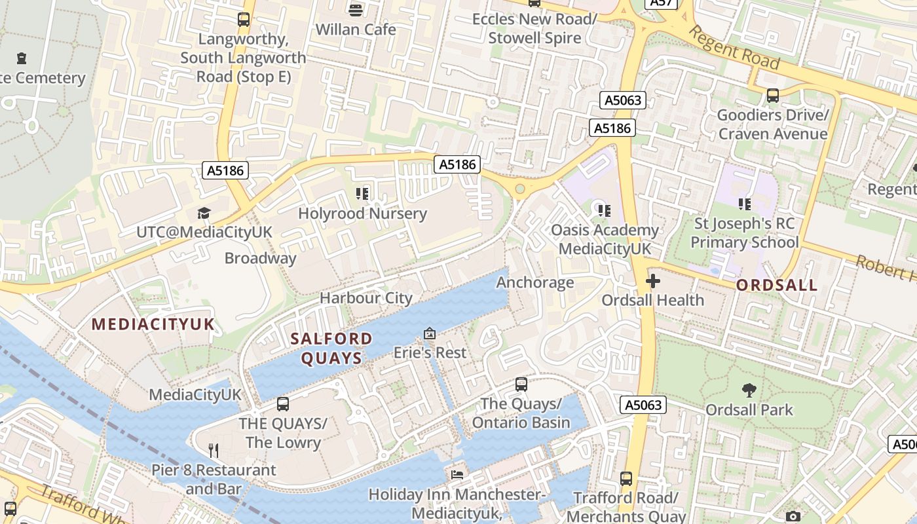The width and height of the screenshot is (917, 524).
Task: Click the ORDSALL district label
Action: coord(777,286)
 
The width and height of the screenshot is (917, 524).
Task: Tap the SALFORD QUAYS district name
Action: coord(331,348)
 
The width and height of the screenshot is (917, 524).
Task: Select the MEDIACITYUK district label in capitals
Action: coord(153,324)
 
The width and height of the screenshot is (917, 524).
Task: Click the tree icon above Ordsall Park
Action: coord(749,391)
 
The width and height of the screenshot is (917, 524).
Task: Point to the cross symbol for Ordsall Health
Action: coord(652,282)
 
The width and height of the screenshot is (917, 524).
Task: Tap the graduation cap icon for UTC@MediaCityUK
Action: coord(204,214)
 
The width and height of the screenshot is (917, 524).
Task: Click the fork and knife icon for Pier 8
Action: coord(213,451)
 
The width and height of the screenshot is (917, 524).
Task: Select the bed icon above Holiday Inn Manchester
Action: coord(457,474)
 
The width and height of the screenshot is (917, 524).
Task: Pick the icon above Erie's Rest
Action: coord(430,333)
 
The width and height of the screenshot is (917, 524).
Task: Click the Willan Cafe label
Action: coord(356,29)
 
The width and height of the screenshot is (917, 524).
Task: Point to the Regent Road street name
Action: coord(734,48)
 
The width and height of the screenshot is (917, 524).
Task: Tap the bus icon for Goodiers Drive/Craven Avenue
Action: coord(772,96)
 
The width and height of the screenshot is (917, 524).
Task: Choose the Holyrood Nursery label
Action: coord(362,214)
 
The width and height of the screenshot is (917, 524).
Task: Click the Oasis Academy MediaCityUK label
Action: coord(605,240)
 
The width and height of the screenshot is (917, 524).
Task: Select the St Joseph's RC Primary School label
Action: coord(744,233)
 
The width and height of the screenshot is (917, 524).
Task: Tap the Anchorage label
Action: coord(535,282)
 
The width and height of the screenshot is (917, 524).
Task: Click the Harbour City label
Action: coord(366,298)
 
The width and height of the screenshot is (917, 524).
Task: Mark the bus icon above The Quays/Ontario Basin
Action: coord(521,384)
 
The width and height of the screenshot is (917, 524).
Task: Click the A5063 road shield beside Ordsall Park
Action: coord(643,405)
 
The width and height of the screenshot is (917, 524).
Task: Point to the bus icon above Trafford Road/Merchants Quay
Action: coord(626,479)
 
